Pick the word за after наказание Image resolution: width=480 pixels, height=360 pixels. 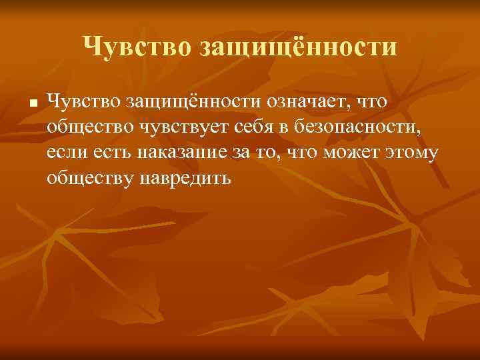(x=252, y=153)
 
